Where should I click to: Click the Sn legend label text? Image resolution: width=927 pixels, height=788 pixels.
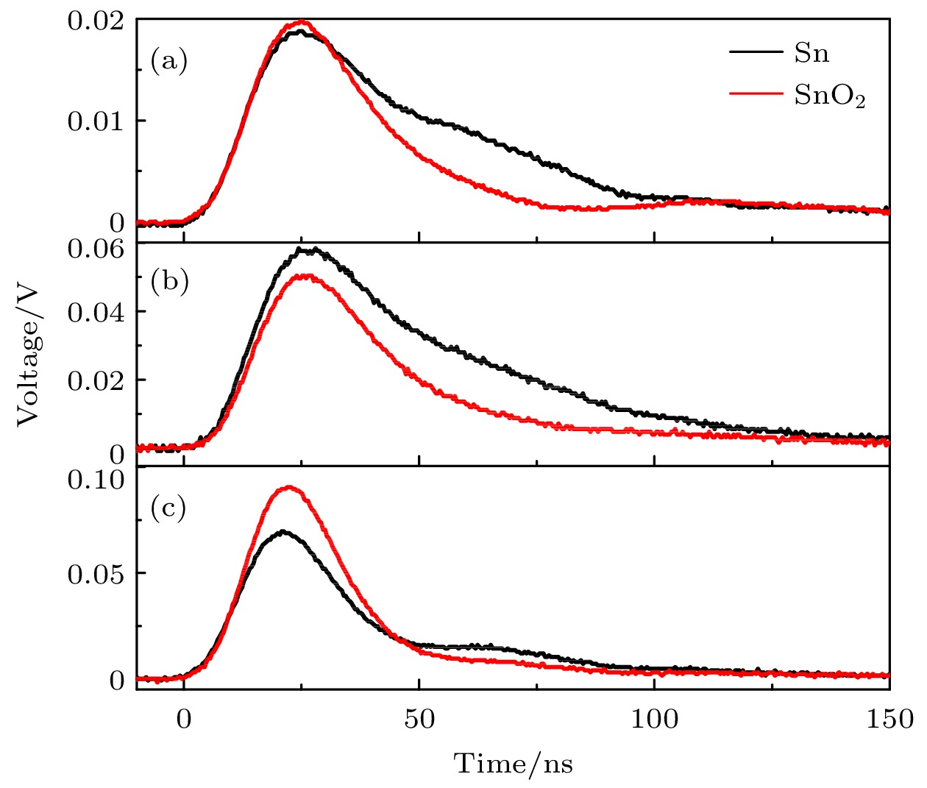pyautogui.click(x=811, y=53)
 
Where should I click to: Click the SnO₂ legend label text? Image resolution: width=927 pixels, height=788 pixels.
pyautogui.click(x=829, y=96)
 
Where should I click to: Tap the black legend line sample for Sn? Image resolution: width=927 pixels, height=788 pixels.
pyautogui.click(x=756, y=52)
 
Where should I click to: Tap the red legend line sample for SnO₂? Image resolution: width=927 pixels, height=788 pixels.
pyautogui.click(x=756, y=93)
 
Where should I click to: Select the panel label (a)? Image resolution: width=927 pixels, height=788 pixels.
pyautogui.click(x=169, y=60)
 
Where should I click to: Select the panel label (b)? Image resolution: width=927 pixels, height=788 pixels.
pyautogui.click(x=169, y=281)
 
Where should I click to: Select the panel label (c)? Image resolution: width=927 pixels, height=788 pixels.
pyautogui.click(x=169, y=508)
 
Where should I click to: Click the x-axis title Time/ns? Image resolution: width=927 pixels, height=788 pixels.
pyautogui.click(x=513, y=764)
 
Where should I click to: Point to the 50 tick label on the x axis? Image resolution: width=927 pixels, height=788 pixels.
pyautogui.click(x=419, y=719)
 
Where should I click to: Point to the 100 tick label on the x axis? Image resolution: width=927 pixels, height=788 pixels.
pyautogui.click(x=654, y=719)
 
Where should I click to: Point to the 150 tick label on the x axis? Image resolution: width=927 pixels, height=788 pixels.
pyautogui.click(x=889, y=719)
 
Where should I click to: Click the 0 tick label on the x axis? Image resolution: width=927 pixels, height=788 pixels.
pyautogui.click(x=184, y=719)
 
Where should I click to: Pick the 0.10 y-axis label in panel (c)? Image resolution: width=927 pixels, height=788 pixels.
pyautogui.click(x=96, y=480)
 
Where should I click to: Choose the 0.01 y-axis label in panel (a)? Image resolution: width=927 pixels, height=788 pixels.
pyautogui.click(x=96, y=121)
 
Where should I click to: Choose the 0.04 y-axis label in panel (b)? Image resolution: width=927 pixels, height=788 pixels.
pyautogui.click(x=96, y=312)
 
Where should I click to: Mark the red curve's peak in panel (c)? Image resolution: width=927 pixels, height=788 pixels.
pyautogui.click(x=289, y=487)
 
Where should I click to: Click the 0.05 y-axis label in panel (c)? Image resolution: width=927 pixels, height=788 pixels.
pyautogui.click(x=96, y=574)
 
